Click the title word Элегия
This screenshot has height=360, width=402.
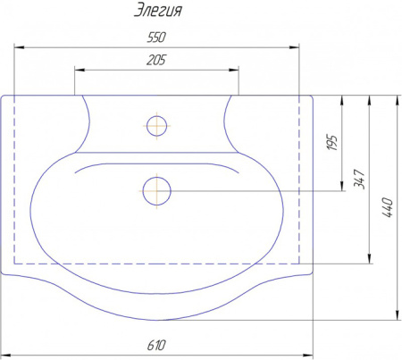pos(157,11)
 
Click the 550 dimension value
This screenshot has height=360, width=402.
pos(156,38)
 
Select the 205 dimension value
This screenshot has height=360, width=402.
pos(156,60)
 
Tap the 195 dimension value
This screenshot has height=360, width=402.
pos(332,143)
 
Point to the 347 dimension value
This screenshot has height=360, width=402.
pos(359,179)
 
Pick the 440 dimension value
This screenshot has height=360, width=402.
pos(387,207)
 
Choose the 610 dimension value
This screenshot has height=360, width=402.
pos(156,346)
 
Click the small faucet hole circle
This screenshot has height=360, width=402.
pos(156,126)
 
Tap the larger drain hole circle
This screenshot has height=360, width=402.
pos(156,191)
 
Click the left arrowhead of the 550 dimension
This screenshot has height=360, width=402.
pos(19,47)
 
